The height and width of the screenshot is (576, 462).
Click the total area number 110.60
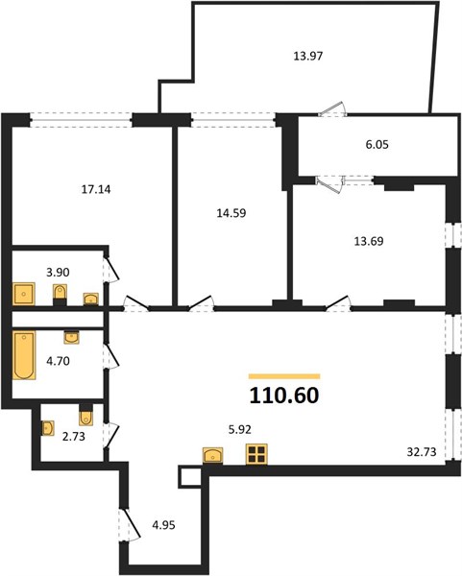click(x=284, y=396)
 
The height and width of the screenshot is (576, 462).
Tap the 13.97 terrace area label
click(x=308, y=57)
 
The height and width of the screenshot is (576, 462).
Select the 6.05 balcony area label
click(x=377, y=144)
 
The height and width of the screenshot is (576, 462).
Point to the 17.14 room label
click(x=96, y=189)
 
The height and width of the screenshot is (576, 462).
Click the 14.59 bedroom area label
click(x=231, y=213)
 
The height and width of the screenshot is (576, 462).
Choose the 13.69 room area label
click(x=369, y=241)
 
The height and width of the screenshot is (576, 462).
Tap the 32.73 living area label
click(x=422, y=452)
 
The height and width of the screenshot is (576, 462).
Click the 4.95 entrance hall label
click(x=163, y=525)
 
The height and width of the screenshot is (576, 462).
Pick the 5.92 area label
click(x=239, y=430)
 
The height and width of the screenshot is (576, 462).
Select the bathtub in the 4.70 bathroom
click(x=24, y=355)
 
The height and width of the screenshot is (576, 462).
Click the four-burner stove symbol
click(x=256, y=454)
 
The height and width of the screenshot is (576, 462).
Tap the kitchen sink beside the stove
click(x=212, y=456)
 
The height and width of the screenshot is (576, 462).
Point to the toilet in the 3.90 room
click(x=60, y=293)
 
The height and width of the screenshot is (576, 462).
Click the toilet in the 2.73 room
click(x=85, y=418)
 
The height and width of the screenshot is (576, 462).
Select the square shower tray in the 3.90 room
click(x=24, y=294)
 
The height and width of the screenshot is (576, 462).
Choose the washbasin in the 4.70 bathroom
click(x=71, y=337)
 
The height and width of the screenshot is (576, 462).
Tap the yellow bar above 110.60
click(x=284, y=376)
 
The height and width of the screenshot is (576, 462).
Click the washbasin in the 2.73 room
click(x=48, y=428)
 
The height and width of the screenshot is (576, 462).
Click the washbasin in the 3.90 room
click(x=91, y=299)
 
